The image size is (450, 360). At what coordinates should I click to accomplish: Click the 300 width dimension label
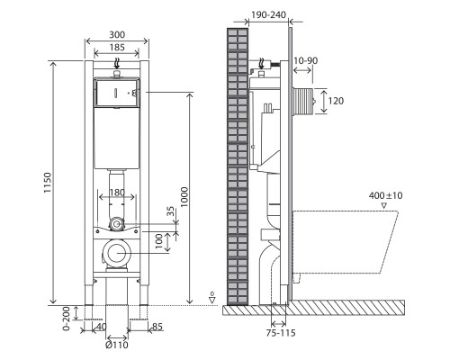click(117, 35)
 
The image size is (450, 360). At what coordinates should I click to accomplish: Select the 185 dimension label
click(117, 48)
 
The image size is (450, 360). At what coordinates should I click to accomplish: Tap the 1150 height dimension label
click(48, 183)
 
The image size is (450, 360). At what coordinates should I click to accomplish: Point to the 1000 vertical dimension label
click(184, 197)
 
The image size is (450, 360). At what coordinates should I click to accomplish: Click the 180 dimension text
click(117, 193)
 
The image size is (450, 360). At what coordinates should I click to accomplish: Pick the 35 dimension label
click(171, 211)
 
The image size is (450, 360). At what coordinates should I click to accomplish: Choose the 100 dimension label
click(159, 241)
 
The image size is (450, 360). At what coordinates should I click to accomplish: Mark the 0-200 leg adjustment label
click(67, 319)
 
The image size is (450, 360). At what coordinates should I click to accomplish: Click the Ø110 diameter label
click(117, 345)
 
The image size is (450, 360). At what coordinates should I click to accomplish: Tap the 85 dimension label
click(157, 327)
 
